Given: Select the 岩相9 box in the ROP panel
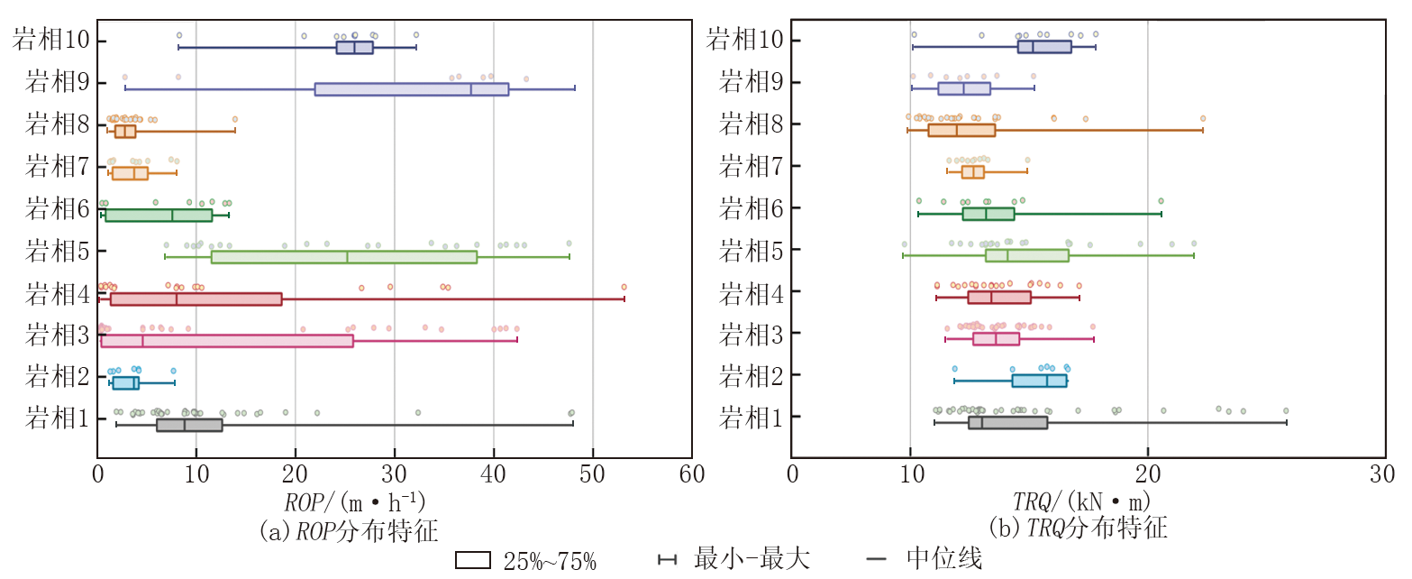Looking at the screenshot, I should click(411, 89).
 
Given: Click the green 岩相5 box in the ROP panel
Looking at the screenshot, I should click(343, 257).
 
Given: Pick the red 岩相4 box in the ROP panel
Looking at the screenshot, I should click(196, 299).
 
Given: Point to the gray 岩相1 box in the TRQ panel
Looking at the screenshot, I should click(1007, 423).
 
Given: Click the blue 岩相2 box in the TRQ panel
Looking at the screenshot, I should click(1039, 381).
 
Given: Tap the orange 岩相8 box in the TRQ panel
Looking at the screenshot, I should click(961, 130).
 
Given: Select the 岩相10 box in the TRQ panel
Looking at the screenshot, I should click(1044, 47).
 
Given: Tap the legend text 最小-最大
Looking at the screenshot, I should click(752, 559).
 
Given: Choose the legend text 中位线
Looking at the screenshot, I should click(944, 559).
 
